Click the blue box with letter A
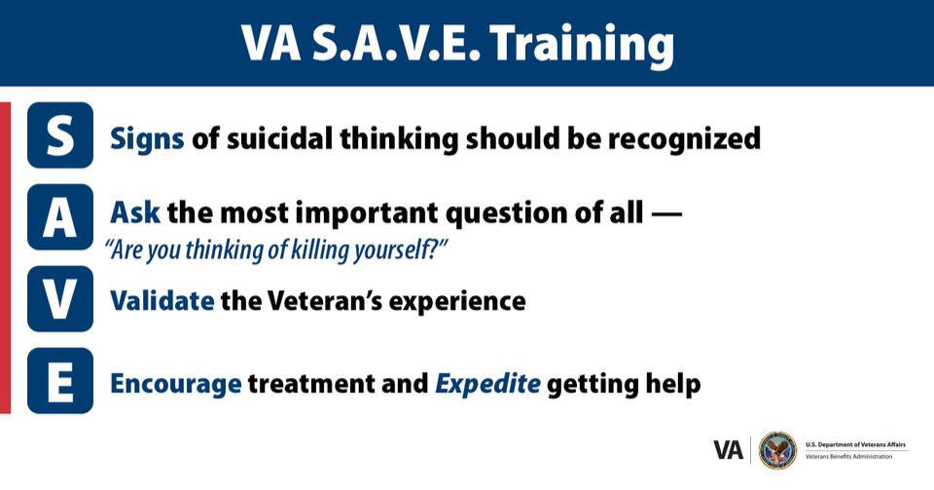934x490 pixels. [60, 217]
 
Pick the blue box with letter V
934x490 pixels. [60, 299]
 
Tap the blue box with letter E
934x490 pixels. [60, 381]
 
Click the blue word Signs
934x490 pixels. [147, 138]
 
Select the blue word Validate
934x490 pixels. [162, 300]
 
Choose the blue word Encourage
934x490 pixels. [175, 383]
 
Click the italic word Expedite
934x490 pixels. [487, 383]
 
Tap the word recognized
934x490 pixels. [684, 138]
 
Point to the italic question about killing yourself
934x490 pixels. [276, 247]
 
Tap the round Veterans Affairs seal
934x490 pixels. [777, 450]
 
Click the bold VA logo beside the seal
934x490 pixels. [729, 450]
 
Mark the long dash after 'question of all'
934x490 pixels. [666, 212]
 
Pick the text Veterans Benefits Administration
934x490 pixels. [848, 457]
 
